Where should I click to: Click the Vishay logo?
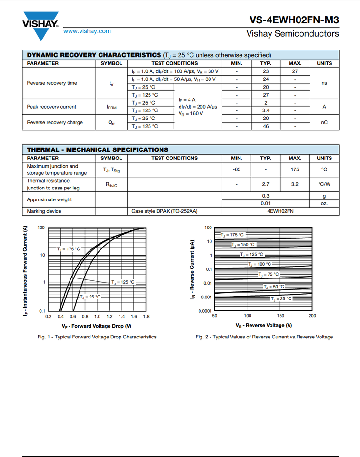(x=40, y=25)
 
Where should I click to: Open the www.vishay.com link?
(x=87, y=31)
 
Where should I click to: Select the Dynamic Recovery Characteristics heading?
(x=94, y=55)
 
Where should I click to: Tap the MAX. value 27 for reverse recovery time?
(x=295, y=71)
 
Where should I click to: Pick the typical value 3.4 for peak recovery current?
(x=266, y=110)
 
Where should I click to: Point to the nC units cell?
(x=324, y=122)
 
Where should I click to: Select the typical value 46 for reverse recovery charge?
(x=266, y=126)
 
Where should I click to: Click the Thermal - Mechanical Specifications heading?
(x=97, y=149)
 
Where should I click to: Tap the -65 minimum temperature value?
(x=236, y=169)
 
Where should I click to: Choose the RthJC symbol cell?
(x=111, y=184)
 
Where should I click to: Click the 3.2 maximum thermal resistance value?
(x=295, y=184)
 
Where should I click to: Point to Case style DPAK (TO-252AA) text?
(x=164, y=211)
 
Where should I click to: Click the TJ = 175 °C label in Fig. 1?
(x=69, y=249)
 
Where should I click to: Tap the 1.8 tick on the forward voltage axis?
(x=146, y=316)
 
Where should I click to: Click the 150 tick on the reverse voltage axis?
(x=280, y=316)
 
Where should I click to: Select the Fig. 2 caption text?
(x=264, y=337)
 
